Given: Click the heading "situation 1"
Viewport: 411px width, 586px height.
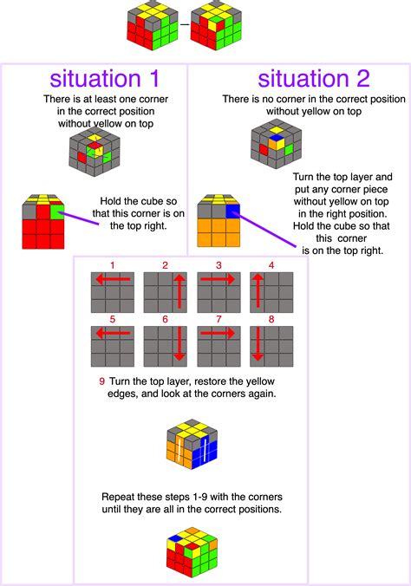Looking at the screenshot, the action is (105, 79).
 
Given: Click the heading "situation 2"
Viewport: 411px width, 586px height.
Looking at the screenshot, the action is (314, 79).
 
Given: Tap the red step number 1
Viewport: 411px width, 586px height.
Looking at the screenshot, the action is (113, 265).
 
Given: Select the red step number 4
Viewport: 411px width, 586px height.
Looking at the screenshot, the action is (271, 265).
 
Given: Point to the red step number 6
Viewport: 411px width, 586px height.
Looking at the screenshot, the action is (166, 319).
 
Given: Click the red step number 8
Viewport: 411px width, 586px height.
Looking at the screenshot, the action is (271, 319).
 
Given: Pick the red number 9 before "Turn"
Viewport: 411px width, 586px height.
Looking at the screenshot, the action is (101, 381).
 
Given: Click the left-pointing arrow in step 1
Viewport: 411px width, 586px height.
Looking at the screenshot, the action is (114, 279).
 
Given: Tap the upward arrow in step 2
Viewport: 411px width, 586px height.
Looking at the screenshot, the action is (179, 291).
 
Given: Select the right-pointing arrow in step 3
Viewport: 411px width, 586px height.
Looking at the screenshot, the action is (218, 279).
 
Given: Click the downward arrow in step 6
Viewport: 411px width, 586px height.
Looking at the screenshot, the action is (179, 344).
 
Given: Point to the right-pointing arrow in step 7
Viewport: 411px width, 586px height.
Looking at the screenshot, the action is (218, 333).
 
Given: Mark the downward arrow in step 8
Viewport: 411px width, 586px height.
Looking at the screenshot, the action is (258, 344).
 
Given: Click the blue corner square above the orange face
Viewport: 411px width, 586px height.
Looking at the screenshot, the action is (232, 212).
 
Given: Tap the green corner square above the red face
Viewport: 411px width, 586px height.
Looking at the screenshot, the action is (57, 212).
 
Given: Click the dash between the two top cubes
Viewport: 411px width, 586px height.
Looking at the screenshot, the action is (185, 24).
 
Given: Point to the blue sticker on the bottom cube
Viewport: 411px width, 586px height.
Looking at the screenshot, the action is (174, 538).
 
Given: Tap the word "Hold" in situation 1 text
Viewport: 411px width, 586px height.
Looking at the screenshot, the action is (110, 201).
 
